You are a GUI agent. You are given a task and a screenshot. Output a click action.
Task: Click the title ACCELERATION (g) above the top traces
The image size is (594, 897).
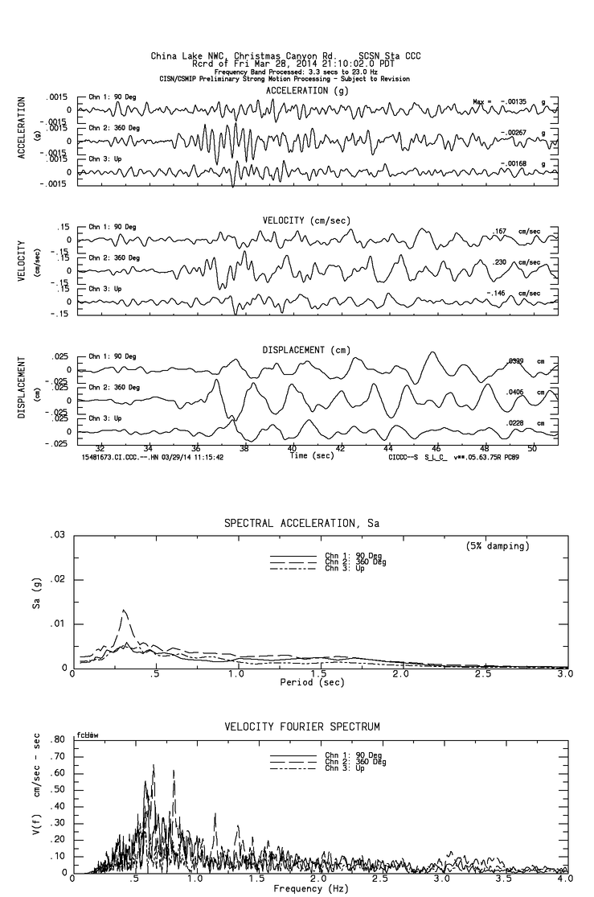308,91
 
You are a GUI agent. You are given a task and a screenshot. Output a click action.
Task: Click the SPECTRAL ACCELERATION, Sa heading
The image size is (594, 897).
301,524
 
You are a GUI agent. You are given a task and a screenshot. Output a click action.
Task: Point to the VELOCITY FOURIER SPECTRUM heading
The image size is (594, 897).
301,726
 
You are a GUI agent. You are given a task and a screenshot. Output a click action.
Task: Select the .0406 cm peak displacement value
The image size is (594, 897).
515,392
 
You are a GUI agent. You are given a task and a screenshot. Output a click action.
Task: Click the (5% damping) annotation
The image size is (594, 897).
498,546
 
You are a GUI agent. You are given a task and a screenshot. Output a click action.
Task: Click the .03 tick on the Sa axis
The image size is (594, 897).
58,535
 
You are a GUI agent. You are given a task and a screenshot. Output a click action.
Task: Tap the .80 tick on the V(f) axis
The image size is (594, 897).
57,739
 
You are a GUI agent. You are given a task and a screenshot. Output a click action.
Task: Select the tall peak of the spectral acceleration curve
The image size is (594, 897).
123,611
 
